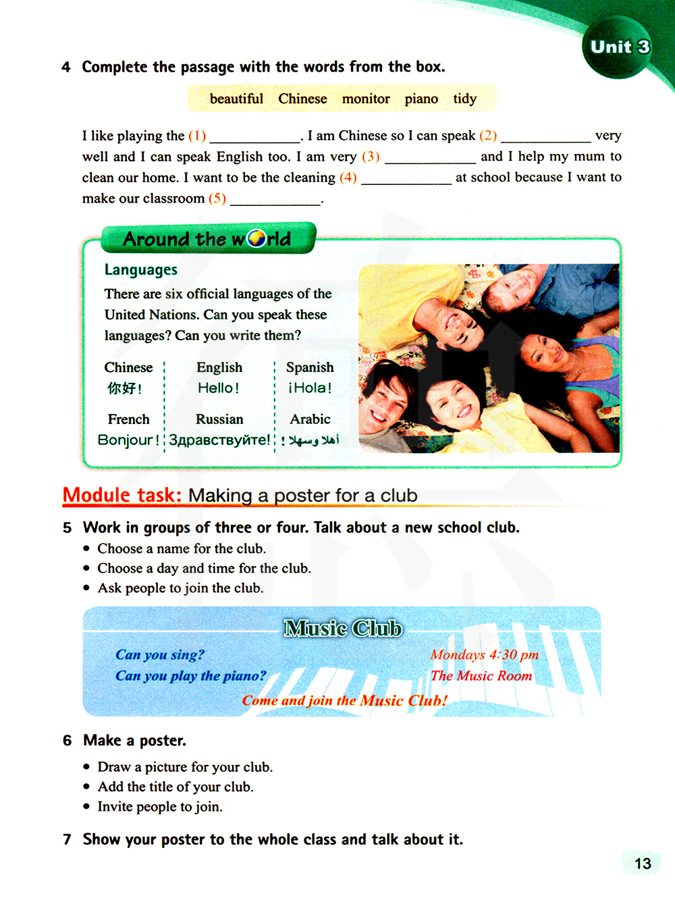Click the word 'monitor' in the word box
click(366, 99)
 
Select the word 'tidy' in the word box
click(464, 99)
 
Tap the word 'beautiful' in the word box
click(236, 99)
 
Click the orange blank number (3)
click(371, 157)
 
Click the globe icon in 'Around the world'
click(256, 239)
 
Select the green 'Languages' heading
click(141, 270)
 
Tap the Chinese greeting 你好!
click(125, 388)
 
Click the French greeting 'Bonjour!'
click(128, 440)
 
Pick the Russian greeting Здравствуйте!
click(219, 440)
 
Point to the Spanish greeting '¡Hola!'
click(310, 388)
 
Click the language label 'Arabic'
click(310, 419)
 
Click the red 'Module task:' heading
click(122, 496)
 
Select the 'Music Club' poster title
click(343, 629)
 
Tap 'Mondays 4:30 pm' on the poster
click(484, 655)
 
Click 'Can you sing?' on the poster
click(159, 655)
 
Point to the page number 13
click(643, 864)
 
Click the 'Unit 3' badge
click(620, 47)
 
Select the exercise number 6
click(67, 741)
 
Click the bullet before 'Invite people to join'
click(86, 807)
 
